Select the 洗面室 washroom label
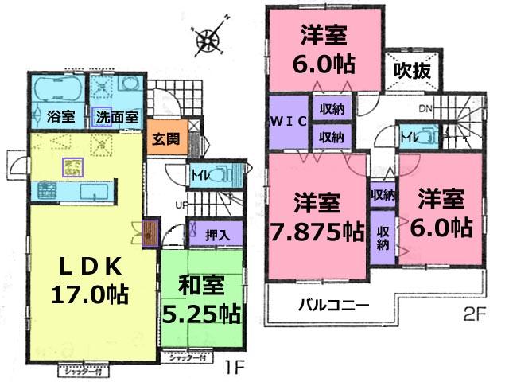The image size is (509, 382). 116,117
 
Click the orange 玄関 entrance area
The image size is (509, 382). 167,138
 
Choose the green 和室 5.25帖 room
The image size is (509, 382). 200,298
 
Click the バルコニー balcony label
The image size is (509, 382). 333,304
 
